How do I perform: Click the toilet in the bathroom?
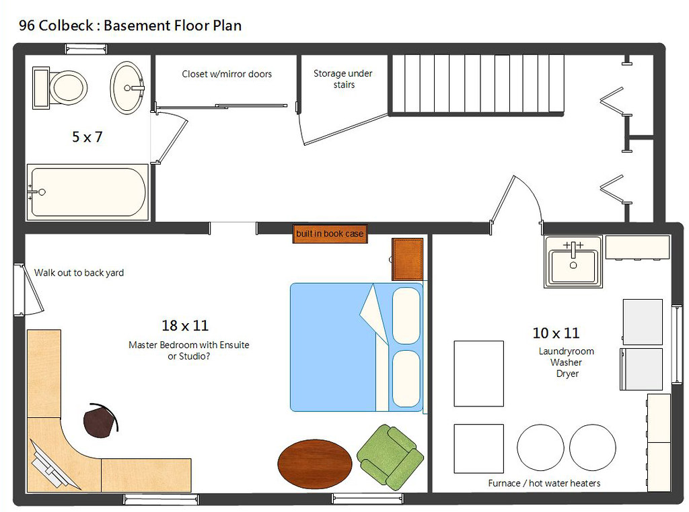click(x=62, y=86)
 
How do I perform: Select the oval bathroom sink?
click(x=126, y=87)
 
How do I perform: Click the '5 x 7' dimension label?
click(x=87, y=137)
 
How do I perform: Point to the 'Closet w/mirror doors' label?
click(x=227, y=74)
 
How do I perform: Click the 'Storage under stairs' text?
click(x=342, y=79)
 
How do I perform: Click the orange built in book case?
click(x=330, y=234)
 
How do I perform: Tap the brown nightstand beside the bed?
click(x=408, y=259)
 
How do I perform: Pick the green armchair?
click(x=390, y=456)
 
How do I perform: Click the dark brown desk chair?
click(x=100, y=420)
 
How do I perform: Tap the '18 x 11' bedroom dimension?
click(x=185, y=326)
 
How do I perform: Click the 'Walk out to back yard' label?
click(x=79, y=273)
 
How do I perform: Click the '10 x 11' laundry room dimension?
click(x=556, y=333)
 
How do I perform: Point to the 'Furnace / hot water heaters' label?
click(x=544, y=483)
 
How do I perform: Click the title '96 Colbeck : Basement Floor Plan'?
click(x=130, y=26)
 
